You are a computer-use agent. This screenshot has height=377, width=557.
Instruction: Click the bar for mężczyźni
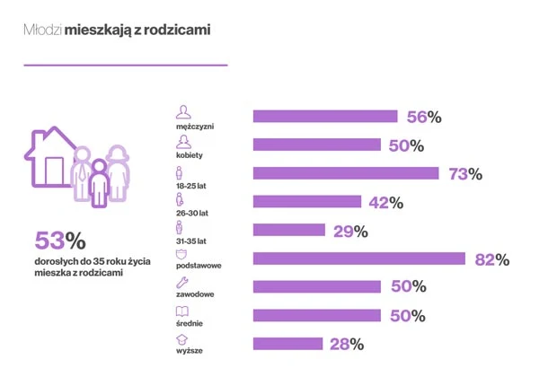click(x=325, y=116)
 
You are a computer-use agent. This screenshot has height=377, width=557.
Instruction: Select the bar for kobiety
click(x=317, y=145)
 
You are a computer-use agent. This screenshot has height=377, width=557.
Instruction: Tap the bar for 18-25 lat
click(x=346, y=173)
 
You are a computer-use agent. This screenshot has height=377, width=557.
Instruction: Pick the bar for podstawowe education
click(x=359, y=259)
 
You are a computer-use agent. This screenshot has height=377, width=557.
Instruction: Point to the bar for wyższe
click(x=287, y=343)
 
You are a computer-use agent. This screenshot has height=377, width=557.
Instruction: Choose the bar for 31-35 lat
click(x=289, y=230)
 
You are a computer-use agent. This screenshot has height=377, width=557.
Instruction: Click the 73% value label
click(x=465, y=174)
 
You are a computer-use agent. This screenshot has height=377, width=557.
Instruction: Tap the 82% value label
click(x=491, y=259)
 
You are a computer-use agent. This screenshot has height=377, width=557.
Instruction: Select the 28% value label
click(x=345, y=344)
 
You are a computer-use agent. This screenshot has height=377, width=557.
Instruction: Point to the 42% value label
click(x=385, y=203)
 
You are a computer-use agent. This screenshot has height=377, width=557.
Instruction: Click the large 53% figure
click(x=59, y=241)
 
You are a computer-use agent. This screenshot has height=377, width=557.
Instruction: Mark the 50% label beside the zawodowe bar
click(x=406, y=287)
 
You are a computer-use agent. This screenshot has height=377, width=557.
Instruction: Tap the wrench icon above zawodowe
click(x=183, y=281)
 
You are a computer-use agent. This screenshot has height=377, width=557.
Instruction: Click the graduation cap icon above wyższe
click(x=183, y=339)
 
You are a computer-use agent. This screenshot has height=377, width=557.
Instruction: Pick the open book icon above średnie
click(x=183, y=311)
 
